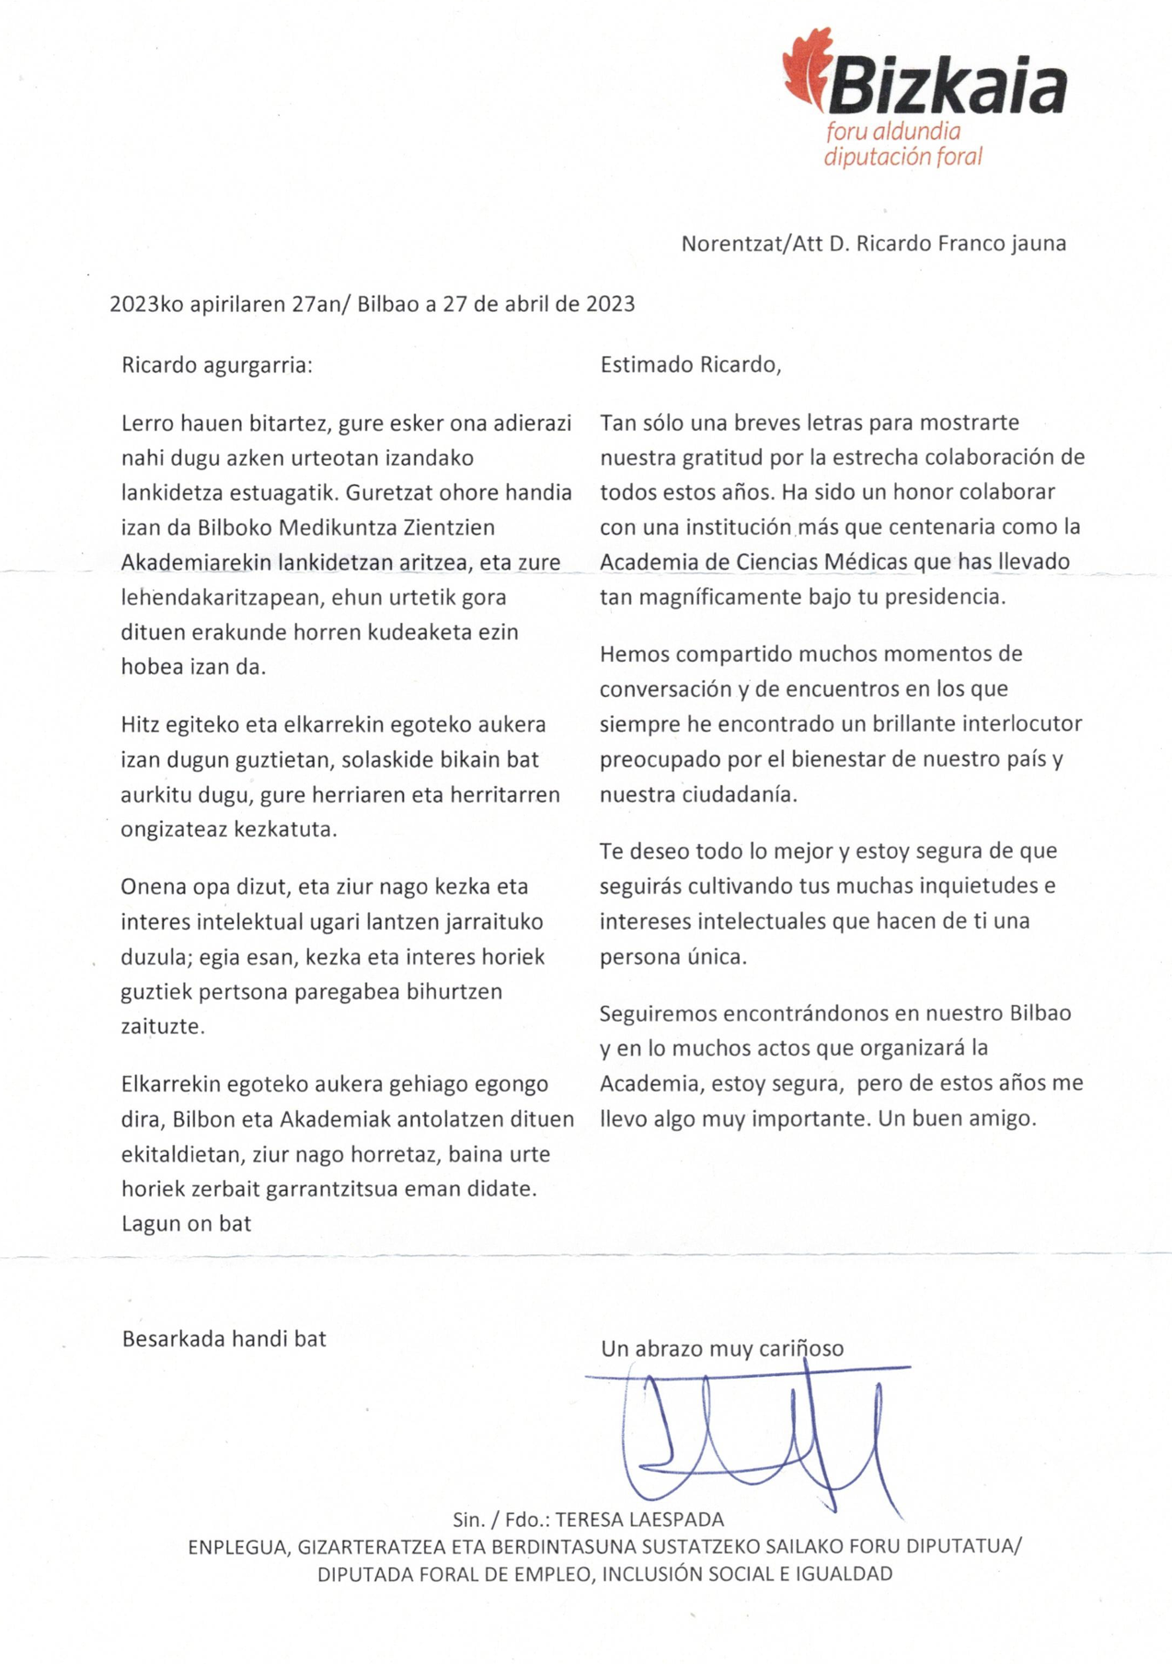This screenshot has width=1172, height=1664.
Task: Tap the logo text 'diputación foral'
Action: [x=902, y=156]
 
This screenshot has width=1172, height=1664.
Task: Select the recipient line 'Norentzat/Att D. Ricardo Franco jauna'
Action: [x=873, y=243]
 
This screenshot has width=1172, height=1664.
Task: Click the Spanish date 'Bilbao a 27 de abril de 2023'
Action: [x=496, y=304]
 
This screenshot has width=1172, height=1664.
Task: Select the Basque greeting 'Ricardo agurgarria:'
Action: [x=217, y=364]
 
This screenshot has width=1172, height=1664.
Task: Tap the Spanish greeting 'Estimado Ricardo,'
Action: [x=690, y=364]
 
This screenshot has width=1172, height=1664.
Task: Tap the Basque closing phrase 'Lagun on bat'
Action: [x=186, y=1223]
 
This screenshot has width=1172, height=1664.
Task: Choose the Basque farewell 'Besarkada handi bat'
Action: [x=224, y=1338]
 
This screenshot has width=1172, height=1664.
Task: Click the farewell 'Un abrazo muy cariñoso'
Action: [x=722, y=1348]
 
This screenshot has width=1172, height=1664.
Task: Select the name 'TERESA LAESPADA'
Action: [x=639, y=1519]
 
